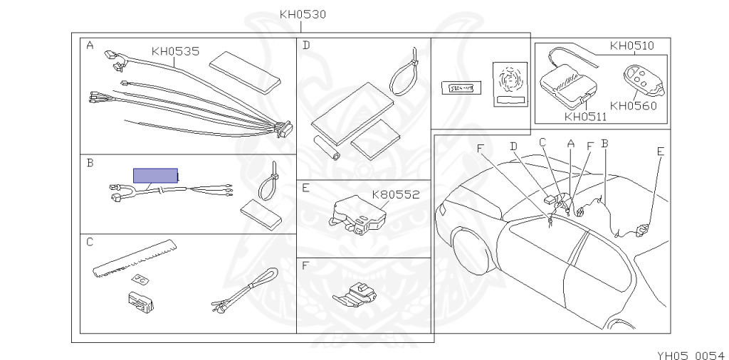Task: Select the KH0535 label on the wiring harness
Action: click(x=174, y=51)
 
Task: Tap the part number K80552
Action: click(x=396, y=194)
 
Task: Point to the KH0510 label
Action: click(x=632, y=46)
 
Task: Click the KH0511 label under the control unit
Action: click(x=586, y=117)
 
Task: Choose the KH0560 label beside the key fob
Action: click(x=634, y=106)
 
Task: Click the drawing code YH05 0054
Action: click(x=690, y=354)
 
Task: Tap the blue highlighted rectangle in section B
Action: click(x=155, y=176)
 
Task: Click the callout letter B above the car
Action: click(x=604, y=143)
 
